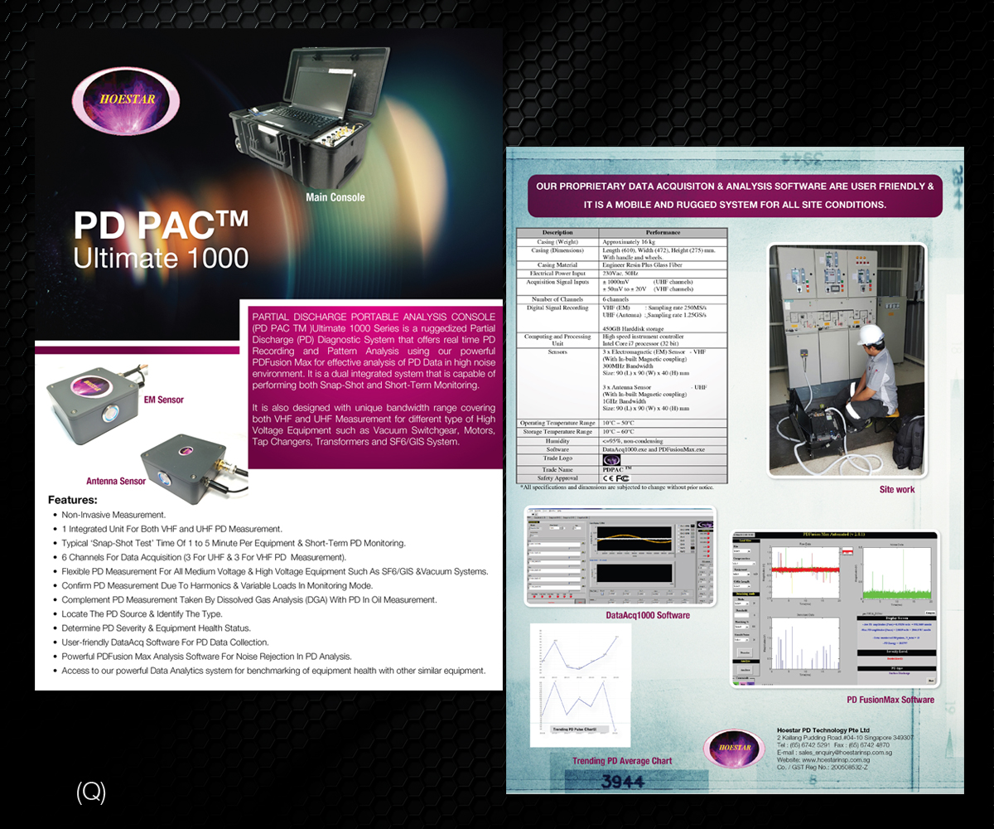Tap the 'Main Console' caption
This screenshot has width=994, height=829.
click(335, 197)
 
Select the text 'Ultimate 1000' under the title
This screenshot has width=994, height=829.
click(161, 258)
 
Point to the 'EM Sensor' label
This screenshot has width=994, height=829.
click(164, 400)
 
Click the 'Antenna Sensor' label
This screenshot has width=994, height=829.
click(116, 481)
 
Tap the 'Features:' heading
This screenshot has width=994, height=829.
click(73, 500)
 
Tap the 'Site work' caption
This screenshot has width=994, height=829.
click(897, 490)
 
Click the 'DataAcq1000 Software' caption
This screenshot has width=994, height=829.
click(648, 615)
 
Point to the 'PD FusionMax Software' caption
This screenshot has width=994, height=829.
click(890, 700)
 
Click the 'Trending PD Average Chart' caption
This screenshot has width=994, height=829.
click(622, 761)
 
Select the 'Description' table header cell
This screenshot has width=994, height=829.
click(557, 233)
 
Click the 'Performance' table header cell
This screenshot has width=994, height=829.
click(663, 233)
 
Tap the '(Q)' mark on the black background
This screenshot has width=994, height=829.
click(91, 793)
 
